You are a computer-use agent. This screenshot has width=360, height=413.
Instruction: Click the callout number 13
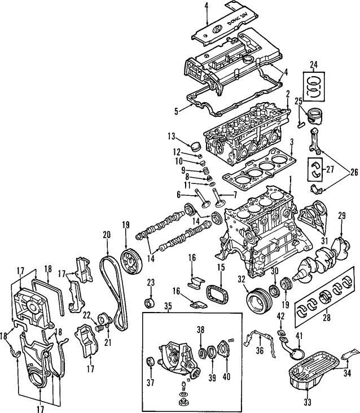click(x=171, y=137)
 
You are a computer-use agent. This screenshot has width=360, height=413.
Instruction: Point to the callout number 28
click(x=326, y=318)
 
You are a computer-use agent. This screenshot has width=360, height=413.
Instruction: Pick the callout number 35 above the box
click(x=168, y=306)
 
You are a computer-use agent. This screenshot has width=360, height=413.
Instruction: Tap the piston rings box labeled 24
click(x=314, y=86)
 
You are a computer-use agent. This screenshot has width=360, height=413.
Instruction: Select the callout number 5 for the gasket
click(x=176, y=111)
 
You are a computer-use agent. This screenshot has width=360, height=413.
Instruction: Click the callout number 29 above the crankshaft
click(x=341, y=216)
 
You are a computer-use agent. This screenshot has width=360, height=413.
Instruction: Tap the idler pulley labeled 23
click(x=150, y=303)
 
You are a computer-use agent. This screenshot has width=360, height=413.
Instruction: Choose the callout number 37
click(x=150, y=382)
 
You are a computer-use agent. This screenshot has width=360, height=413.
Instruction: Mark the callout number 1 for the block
click(x=290, y=180)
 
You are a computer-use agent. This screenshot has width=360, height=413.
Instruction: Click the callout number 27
click(x=330, y=169)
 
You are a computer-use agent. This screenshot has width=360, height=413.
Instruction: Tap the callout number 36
click(x=260, y=350)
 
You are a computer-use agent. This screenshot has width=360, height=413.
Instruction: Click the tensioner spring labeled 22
click(x=98, y=328)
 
